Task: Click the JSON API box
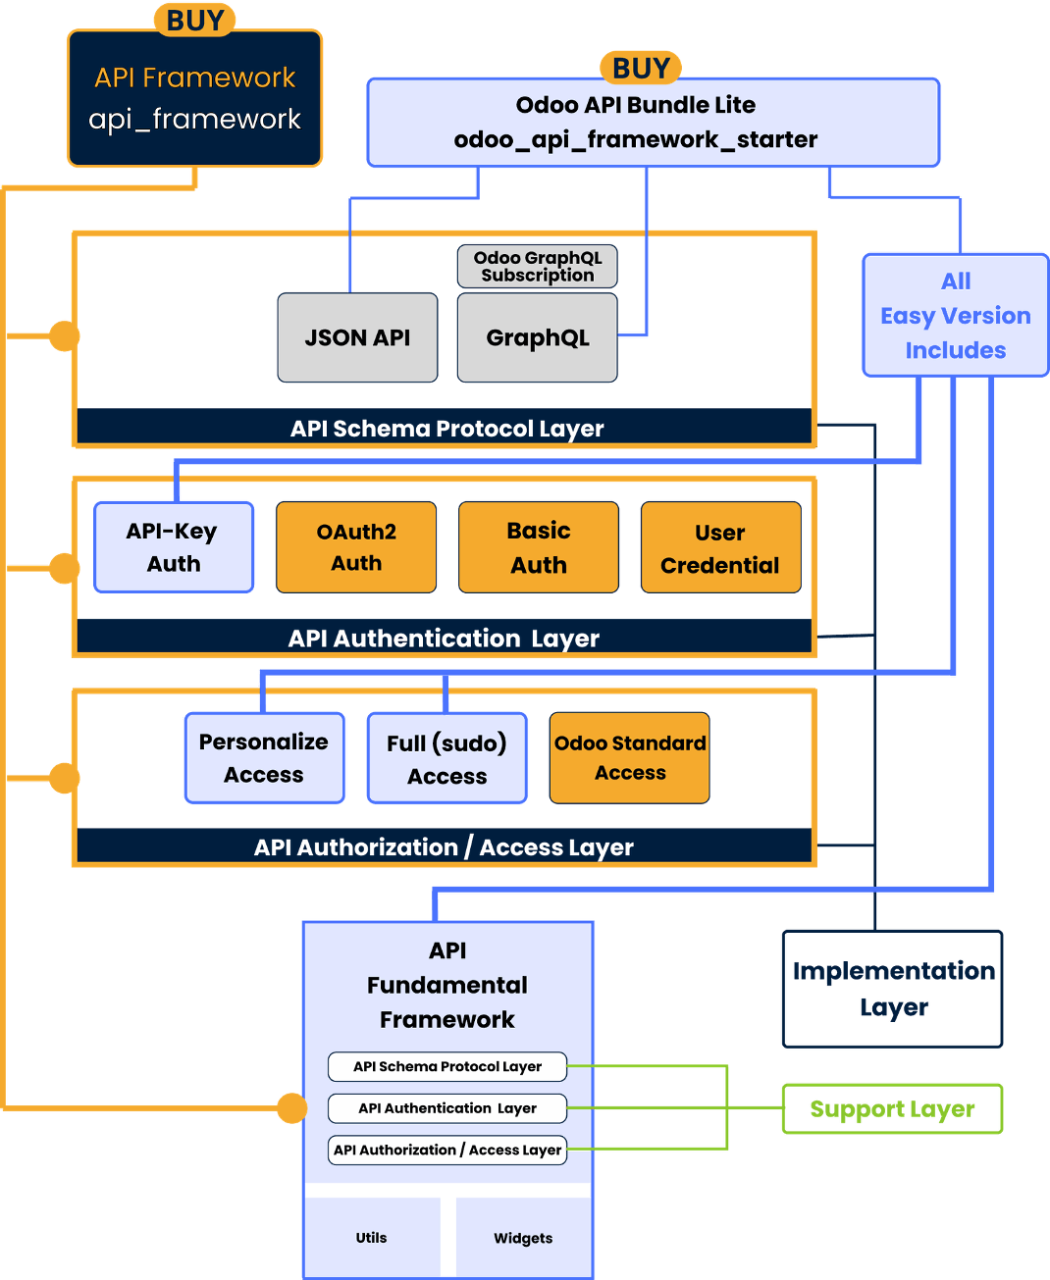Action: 357,337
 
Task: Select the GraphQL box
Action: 537,337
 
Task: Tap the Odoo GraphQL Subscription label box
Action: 537,267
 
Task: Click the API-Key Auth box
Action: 174,547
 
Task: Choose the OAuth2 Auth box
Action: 356,547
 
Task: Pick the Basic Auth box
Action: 538,547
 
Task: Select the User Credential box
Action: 720,548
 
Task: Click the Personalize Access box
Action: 264,758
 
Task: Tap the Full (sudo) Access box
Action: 446,759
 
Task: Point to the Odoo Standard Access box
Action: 629,758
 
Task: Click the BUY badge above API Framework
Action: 194,21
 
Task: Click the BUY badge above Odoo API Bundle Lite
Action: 641,69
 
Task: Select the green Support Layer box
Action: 891,1109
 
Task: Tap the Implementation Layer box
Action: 892,989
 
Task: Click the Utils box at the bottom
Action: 372,1238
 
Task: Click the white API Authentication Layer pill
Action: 447,1108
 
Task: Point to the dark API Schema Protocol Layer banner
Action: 446,428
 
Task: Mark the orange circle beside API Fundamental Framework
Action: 291,1108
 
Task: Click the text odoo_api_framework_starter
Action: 635,140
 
